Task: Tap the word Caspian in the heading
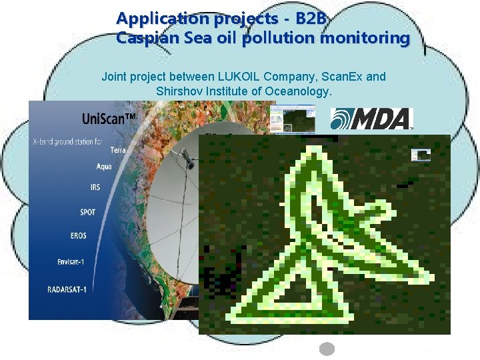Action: [142, 39]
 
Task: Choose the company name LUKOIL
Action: [243, 77]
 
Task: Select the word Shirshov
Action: [179, 91]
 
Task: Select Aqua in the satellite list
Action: [103, 166]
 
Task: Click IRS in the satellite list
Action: [95, 187]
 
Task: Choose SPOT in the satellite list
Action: [87, 212]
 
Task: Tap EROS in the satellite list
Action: [77, 236]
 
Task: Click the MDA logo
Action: [372, 119]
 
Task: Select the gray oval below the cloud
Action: [327, 349]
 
